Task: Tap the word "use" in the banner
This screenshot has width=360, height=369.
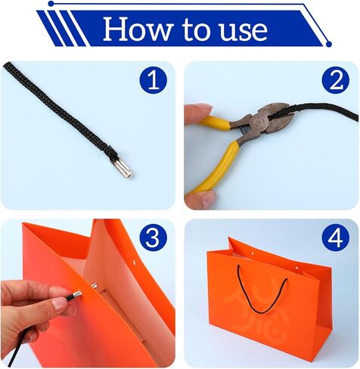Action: tap(244, 32)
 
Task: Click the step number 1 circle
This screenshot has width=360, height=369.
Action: tap(154, 81)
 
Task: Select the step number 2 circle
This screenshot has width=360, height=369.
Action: tap(336, 81)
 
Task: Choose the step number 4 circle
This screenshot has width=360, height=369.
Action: tap(336, 237)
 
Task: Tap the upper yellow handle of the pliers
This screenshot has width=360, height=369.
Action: tap(217, 123)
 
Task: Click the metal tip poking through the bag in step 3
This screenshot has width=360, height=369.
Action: tap(94, 286)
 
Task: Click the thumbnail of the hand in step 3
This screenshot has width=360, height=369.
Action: tap(60, 304)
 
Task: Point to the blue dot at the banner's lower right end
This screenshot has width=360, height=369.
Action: tap(328, 44)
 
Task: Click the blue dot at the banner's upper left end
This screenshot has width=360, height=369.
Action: tap(51, 4)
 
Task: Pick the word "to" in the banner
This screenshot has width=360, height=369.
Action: tap(194, 30)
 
